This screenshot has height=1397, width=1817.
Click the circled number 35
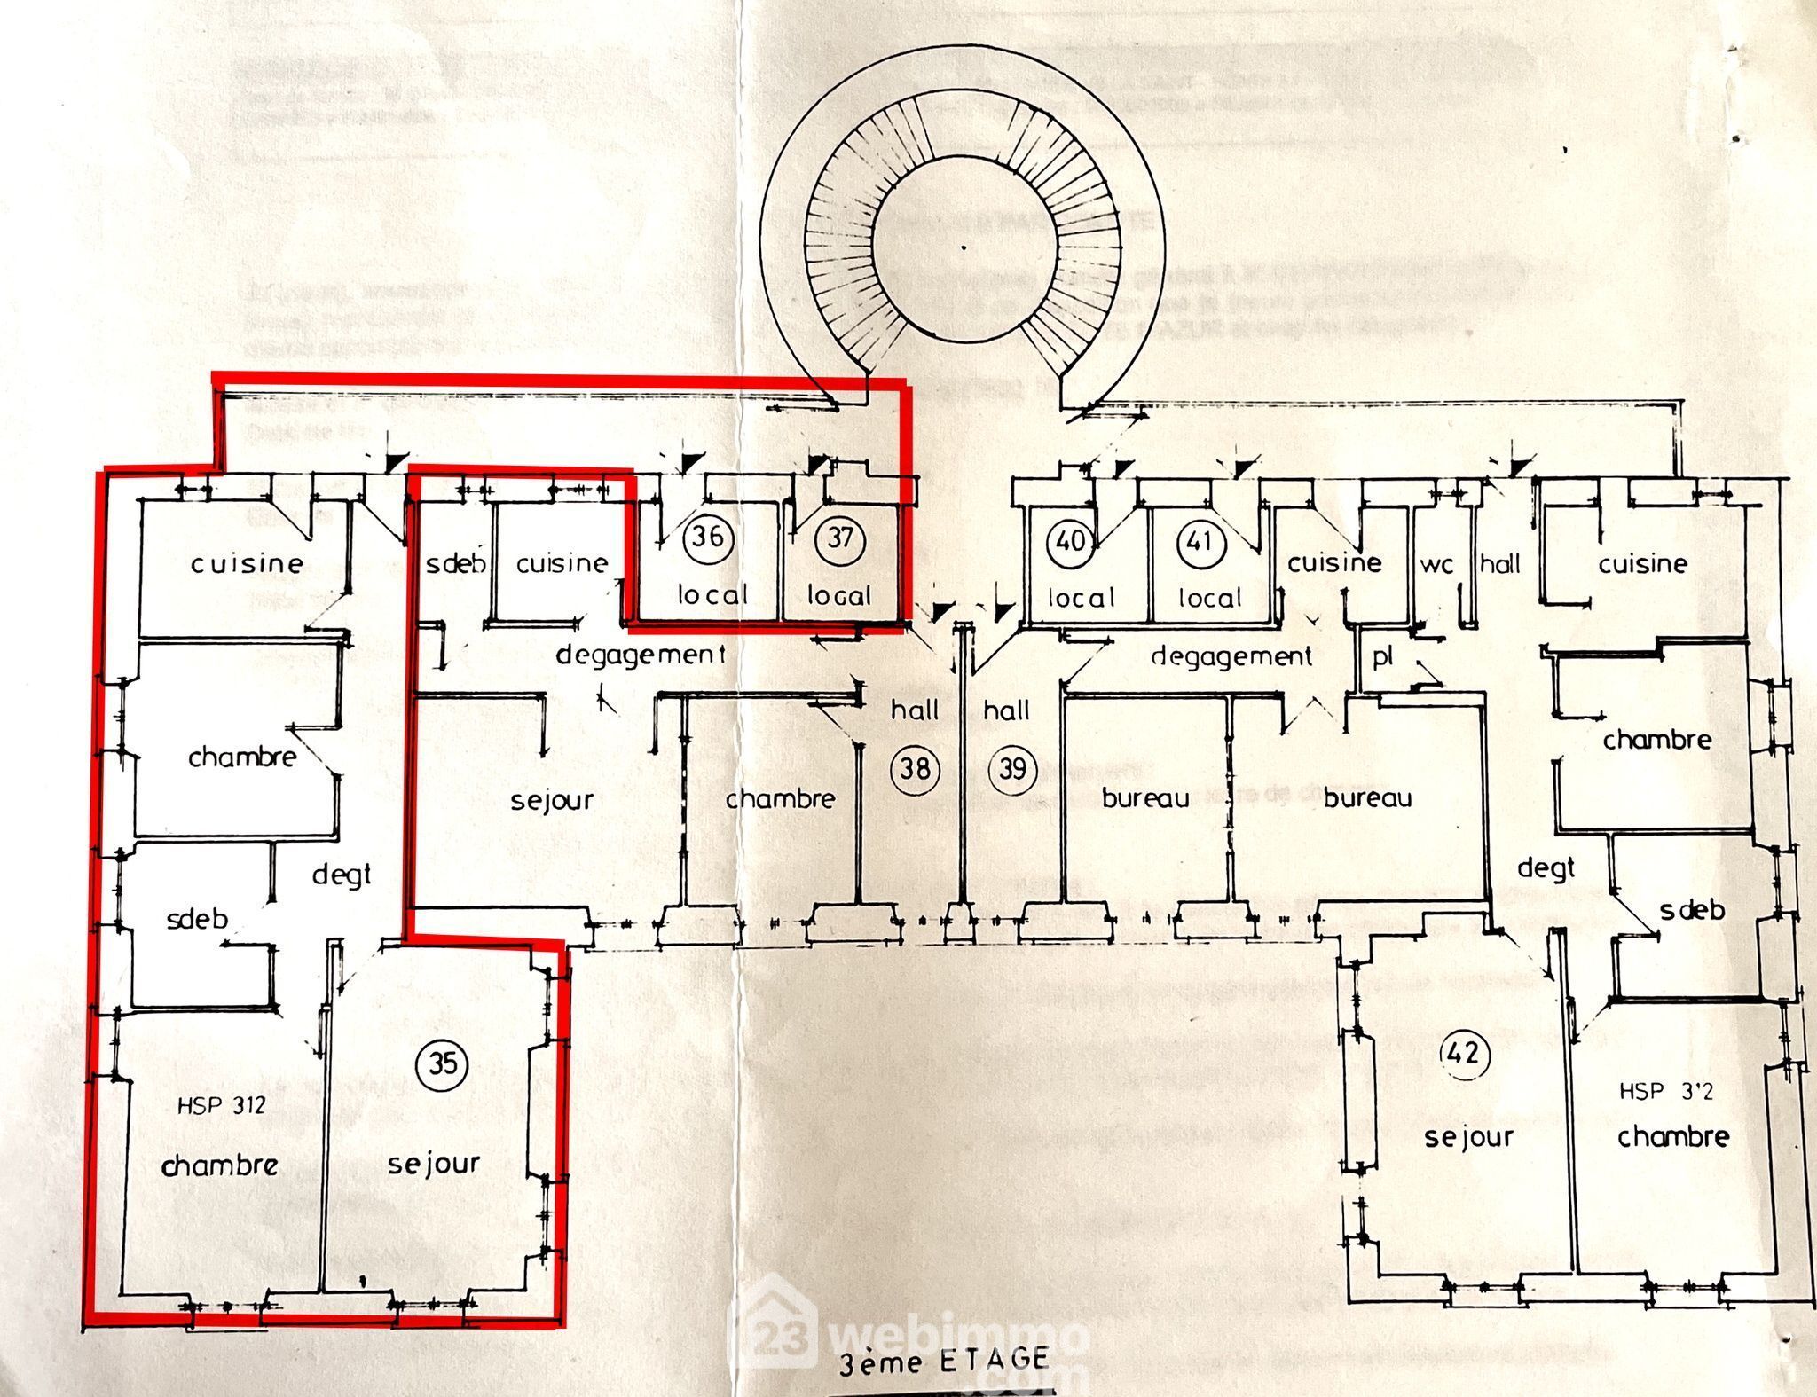pyautogui.click(x=443, y=1062)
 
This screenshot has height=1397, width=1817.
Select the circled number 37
pyautogui.click(x=839, y=538)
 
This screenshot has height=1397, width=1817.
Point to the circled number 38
pyautogui.click(x=914, y=767)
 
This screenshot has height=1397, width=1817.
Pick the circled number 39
pyautogui.click(x=1012, y=768)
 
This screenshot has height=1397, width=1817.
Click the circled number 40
pyautogui.click(x=1072, y=539)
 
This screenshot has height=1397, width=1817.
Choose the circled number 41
pyautogui.click(x=1200, y=540)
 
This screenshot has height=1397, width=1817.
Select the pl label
pyautogui.click(x=1382, y=658)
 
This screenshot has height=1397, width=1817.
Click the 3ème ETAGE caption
pyautogui.click(x=944, y=1360)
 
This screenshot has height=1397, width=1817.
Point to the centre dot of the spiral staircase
pyautogui.click(x=964, y=247)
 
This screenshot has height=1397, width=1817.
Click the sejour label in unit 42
pyautogui.click(x=1468, y=1138)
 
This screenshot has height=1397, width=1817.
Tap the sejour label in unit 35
pyautogui.click(x=434, y=1164)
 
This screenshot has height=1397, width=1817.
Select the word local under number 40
pyautogui.click(x=1080, y=598)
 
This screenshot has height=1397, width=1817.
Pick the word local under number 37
pyautogui.click(x=838, y=595)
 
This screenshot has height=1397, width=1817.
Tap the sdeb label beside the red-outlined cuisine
pyautogui.click(x=455, y=564)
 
